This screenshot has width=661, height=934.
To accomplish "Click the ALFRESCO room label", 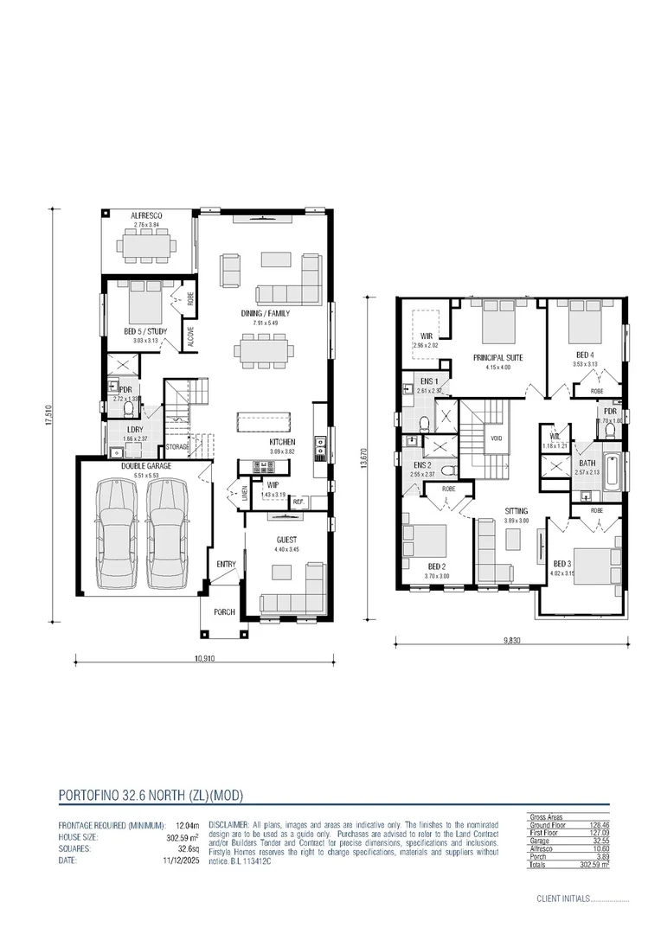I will [147, 215].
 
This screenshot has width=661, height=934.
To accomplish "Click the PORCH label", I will [223, 612].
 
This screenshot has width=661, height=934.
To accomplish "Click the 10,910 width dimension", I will [204, 658].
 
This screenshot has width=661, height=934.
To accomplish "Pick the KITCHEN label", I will [282, 442].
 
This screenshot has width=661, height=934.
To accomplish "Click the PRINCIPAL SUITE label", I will [497, 357].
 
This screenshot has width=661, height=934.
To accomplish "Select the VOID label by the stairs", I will [496, 438].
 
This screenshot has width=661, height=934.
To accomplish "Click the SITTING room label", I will [517, 511].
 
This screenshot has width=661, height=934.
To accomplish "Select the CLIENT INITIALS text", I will [563, 899].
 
